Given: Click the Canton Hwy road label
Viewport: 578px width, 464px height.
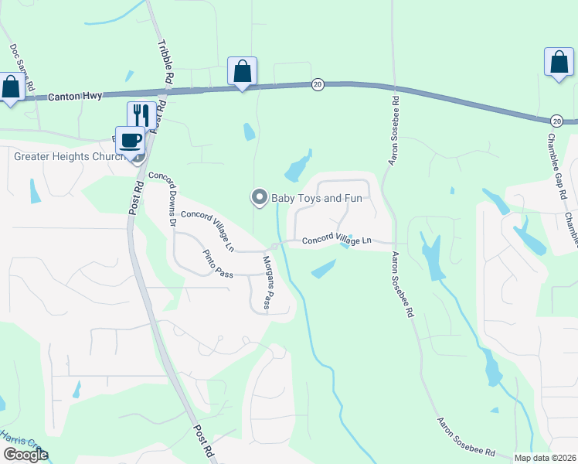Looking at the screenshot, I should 74,97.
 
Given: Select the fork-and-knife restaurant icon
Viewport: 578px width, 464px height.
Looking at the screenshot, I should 141,115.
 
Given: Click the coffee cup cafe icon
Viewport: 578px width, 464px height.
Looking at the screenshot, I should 130,140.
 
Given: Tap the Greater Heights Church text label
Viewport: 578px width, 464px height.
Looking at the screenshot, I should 70,157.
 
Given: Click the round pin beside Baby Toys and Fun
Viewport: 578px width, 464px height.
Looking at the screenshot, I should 260,197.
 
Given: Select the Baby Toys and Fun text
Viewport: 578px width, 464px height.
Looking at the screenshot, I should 316,199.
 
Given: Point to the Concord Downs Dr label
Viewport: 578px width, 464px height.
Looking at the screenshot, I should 163,197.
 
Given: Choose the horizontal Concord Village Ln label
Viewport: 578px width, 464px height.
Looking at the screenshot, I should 337,241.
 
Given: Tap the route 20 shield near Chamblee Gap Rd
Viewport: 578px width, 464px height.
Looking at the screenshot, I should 556,121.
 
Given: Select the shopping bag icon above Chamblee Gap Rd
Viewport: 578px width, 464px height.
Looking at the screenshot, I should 558,63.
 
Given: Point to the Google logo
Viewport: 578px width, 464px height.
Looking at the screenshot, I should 25,455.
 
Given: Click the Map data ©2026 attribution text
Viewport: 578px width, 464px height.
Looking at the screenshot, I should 545,458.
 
